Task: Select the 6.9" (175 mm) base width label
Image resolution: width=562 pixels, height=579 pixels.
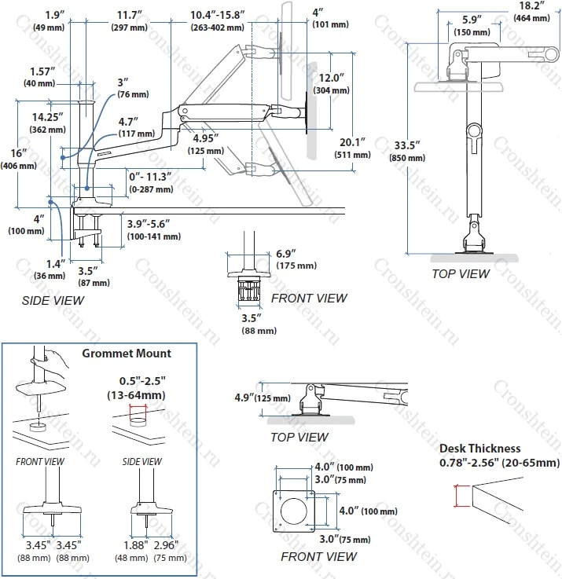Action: click(296, 259)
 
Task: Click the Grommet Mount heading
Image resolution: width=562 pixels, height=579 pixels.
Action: click(127, 354)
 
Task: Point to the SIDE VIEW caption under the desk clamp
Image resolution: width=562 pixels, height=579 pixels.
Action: click(53, 300)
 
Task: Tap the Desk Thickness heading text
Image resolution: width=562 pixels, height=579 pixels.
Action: click(480, 449)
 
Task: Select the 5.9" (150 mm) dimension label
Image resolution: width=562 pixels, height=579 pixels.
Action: click(472, 24)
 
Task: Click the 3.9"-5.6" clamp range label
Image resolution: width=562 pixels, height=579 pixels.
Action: click(154, 229)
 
